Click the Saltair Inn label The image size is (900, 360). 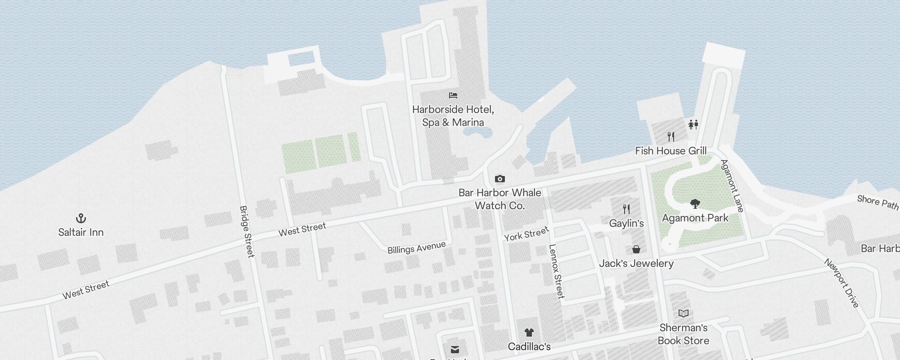pos(81,232)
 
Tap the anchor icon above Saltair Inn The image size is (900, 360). pos(81,219)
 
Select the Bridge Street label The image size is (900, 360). pos(247,232)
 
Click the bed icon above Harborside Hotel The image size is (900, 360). pos(453,95)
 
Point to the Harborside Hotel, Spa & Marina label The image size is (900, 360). pos(453,116)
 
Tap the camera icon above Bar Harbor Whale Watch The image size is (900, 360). pos(499,179)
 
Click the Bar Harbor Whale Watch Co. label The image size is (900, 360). pos(500,199)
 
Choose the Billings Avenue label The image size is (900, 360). pos(417,247)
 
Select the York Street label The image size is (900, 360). pos(526,234)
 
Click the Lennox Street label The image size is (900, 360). pos(557,271)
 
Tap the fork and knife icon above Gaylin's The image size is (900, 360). pos(626,209)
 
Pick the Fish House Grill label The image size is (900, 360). pos(670,151)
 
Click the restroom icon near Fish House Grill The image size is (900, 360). pos(693,124)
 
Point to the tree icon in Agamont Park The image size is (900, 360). pos(695,204)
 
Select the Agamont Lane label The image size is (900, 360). pos(732,185)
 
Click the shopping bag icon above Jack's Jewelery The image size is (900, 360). pos(636,249)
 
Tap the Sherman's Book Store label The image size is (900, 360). pos(684,334)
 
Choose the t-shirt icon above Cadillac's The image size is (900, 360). pos(529,333)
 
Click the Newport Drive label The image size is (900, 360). pos(842,283)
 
